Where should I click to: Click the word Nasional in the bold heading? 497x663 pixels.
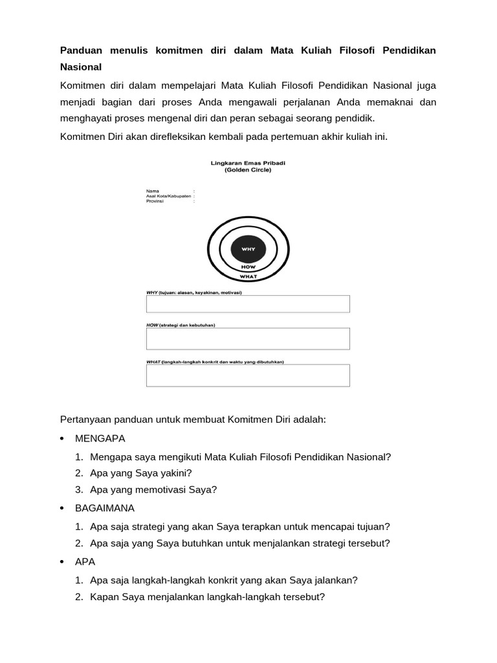tap(81, 67)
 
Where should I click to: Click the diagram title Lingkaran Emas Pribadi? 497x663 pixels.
tap(248, 163)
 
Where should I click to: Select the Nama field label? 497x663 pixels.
tap(153, 191)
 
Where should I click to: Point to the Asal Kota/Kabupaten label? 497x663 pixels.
tap(168, 196)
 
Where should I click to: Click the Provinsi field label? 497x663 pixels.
tap(155, 201)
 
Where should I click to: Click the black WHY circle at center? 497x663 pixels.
tap(248, 249)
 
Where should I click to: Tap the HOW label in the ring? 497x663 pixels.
tap(248, 267)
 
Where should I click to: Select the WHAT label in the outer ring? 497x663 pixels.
tap(248, 276)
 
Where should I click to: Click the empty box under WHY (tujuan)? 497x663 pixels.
tap(248, 304)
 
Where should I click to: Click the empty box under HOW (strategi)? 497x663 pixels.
tap(248, 338)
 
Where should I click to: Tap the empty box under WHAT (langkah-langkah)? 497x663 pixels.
tap(248, 376)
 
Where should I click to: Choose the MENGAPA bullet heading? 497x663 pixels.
tap(100, 438)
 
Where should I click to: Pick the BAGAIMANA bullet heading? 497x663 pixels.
tap(105, 508)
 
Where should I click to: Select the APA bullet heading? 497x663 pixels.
tap(85, 561)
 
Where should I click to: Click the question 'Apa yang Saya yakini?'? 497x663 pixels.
tap(141, 473)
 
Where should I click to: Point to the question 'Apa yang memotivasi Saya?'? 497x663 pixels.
tap(153, 489)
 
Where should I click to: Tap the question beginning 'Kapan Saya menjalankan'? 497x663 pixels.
tap(207, 596)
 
